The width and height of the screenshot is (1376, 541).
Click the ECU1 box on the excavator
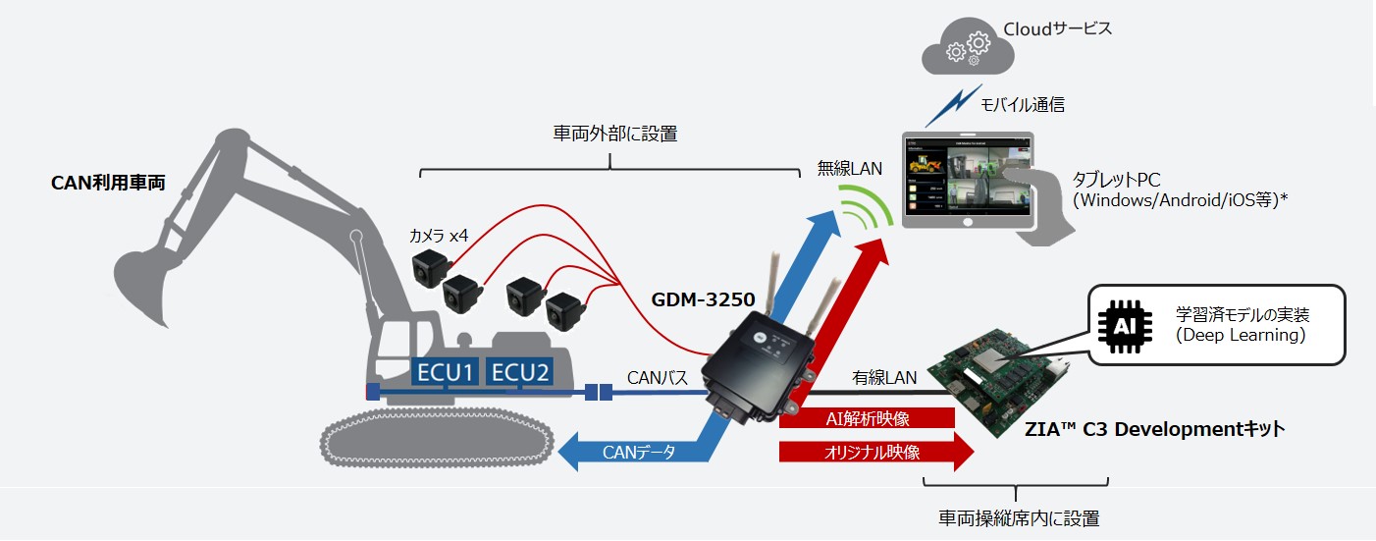[x=446, y=373]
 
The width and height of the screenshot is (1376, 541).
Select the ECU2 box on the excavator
[x=520, y=373]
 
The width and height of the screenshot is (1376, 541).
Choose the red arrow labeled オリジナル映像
[x=873, y=453]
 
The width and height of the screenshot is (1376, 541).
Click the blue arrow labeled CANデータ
[x=638, y=453]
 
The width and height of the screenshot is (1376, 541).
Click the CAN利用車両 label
[x=108, y=184]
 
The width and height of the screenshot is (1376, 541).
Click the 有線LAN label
[x=884, y=377]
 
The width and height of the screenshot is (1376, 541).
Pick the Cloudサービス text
[x=1057, y=28]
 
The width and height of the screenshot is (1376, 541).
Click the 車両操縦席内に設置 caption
[x=1017, y=517]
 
